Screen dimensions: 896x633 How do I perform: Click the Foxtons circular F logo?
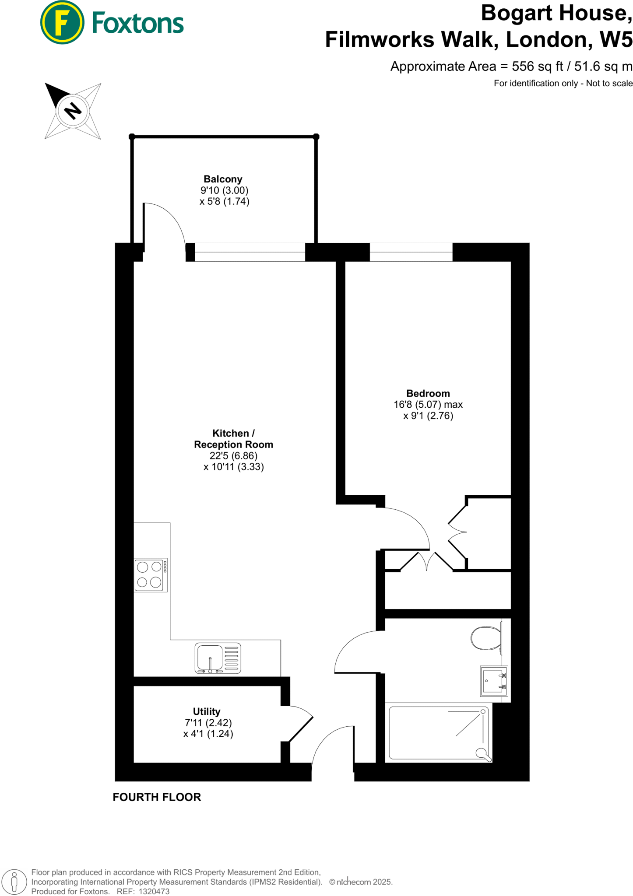(x=62, y=22)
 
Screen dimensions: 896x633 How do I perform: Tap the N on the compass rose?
(x=73, y=110)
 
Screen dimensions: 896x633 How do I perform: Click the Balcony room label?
(x=223, y=179)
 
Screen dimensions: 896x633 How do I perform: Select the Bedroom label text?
(x=428, y=393)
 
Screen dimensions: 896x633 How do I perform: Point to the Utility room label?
(x=207, y=711)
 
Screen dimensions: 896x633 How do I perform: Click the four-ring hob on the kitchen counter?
(x=150, y=575)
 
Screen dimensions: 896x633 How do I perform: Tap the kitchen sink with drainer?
(x=218, y=658)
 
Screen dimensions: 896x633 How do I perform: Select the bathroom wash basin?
(x=494, y=681)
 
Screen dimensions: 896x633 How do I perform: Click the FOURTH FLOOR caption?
(x=157, y=797)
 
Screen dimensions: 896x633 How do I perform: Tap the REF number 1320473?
(x=154, y=891)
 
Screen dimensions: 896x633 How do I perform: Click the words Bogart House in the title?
(x=556, y=13)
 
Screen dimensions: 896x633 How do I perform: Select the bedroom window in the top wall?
(x=411, y=252)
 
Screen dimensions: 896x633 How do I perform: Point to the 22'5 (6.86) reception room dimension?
(x=233, y=455)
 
